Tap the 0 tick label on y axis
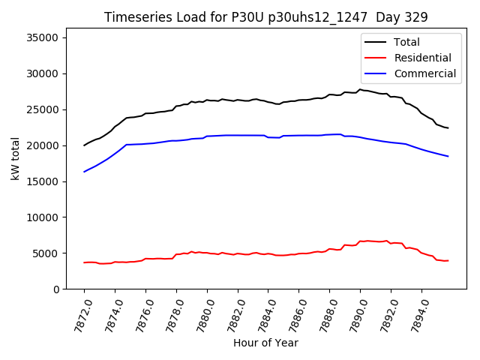tap(56, 289)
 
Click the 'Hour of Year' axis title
tap(265, 343)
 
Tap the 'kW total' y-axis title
tap(16, 159)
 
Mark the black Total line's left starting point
tap(84, 145)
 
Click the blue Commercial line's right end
tap(448, 156)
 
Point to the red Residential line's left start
tap(84, 262)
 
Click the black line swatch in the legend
tap(377, 42)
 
